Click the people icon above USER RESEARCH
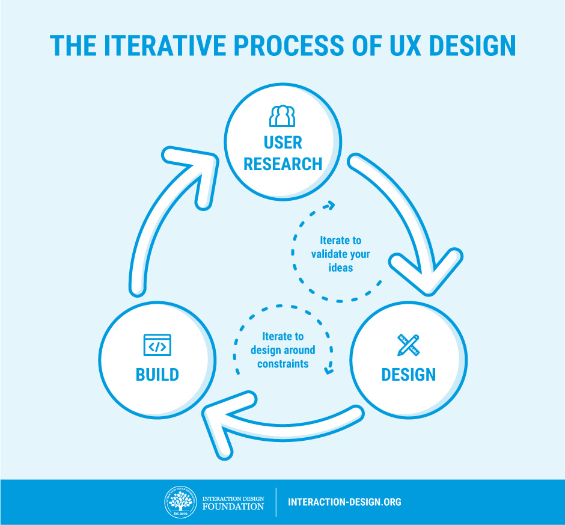282,115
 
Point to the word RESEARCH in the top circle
282,164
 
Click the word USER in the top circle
282,143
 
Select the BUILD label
157,375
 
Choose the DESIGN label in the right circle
408,375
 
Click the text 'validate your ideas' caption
340,254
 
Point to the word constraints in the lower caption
283,364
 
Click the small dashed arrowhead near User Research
328,206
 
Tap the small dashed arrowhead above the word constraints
328,369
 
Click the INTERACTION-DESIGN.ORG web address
344,502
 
